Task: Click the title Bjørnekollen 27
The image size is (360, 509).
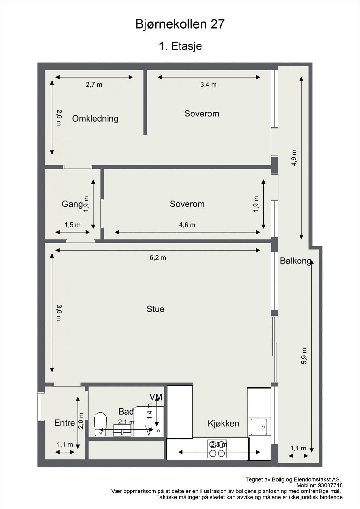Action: [180, 24]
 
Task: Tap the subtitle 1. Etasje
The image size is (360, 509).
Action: [180, 46]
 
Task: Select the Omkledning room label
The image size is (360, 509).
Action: [95, 119]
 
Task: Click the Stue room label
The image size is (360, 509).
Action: [155, 309]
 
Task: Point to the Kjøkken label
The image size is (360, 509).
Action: [223, 423]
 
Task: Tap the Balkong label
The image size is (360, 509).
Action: [295, 261]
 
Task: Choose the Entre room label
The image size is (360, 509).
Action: [65, 423]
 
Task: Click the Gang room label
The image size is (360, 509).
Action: [72, 204]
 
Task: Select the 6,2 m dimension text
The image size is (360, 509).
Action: [158, 258]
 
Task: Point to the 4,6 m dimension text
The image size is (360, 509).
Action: [187, 225]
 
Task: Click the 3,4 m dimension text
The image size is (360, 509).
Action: [208, 85]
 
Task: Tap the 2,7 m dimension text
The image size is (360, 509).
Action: [94, 85]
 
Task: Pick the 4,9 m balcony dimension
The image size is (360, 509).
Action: [294, 158]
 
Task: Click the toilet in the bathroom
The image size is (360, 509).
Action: [100, 424]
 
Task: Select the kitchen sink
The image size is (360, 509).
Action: [259, 427]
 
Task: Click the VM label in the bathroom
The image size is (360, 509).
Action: [156, 397]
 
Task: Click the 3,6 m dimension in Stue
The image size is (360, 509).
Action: [59, 313]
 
